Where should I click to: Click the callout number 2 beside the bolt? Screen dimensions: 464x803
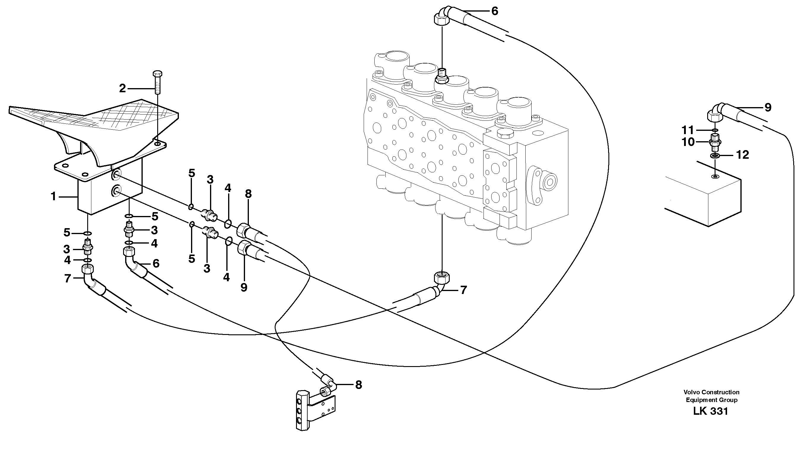122,89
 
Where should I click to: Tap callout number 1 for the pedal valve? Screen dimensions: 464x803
53,197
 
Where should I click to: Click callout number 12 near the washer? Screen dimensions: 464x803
742,155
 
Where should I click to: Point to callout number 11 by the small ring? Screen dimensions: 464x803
688,130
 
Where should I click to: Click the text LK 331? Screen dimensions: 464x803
710,411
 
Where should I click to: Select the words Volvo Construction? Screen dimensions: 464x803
711,392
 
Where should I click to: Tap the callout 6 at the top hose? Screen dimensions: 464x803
494,12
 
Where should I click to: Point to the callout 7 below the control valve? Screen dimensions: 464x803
463,290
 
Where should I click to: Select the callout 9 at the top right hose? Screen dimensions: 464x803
768,108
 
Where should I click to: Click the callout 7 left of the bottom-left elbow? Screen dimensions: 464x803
68,279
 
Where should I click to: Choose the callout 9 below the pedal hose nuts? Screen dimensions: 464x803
244,288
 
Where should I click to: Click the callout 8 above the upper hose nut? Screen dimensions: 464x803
249,194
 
